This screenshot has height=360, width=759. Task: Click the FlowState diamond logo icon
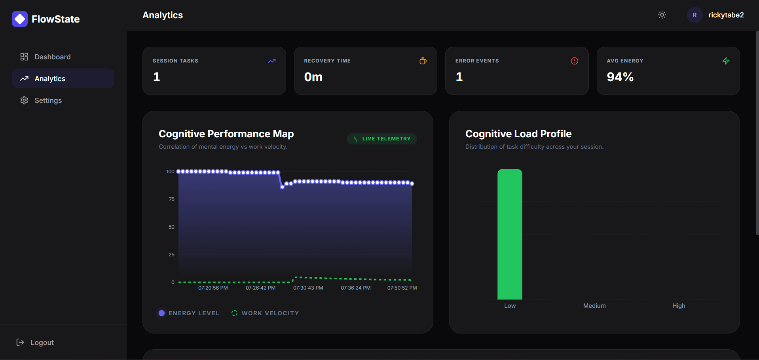pyautogui.click(x=20, y=19)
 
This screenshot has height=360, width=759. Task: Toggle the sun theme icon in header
pyautogui.click(x=662, y=15)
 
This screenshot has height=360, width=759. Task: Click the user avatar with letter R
pyautogui.click(x=694, y=15)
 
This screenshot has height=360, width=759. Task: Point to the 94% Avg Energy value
pyautogui.click(x=620, y=77)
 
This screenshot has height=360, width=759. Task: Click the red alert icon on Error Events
pyautogui.click(x=575, y=61)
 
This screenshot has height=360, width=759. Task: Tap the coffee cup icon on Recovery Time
pyautogui.click(x=423, y=61)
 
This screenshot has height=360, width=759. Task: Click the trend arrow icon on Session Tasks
pyautogui.click(x=272, y=61)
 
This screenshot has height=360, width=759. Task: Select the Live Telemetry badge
pyautogui.click(x=382, y=139)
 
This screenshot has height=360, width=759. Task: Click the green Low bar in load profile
pyautogui.click(x=510, y=234)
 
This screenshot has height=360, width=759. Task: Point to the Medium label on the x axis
pyautogui.click(x=594, y=306)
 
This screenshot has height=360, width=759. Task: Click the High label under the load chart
pyautogui.click(x=679, y=306)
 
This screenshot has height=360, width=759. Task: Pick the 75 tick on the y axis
pyautogui.click(x=171, y=199)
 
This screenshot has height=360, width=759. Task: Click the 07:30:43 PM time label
pyautogui.click(x=308, y=288)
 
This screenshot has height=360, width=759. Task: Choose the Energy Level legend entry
pyautogui.click(x=189, y=313)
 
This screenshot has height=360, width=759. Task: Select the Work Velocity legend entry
pyautogui.click(x=265, y=313)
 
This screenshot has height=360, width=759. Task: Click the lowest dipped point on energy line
pyautogui.click(x=282, y=187)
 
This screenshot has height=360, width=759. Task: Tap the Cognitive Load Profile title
pyautogui.click(x=518, y=134)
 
